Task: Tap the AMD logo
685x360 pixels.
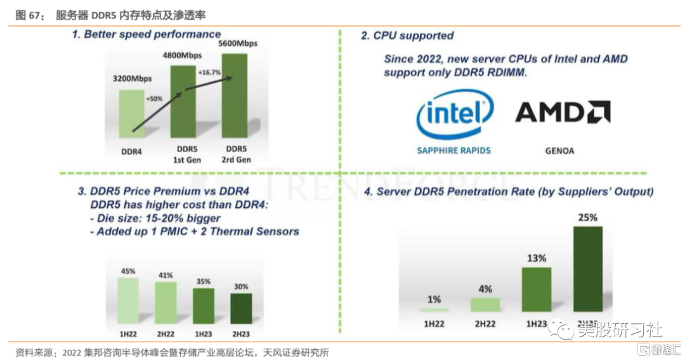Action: click(563, 112)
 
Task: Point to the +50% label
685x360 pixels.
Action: click(154, 100)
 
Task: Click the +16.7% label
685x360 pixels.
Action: click(209, 73)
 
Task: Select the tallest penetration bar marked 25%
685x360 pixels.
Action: click(588, 269)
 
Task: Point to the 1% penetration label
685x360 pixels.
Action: click(434, 299)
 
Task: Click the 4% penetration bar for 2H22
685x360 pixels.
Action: click(485, 305)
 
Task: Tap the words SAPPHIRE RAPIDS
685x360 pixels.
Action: click(453, 151)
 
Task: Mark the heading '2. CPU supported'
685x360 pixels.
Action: click(407, 35)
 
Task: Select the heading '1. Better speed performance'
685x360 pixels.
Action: click(146, 34)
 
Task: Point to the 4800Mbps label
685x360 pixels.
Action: click(183, 55)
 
